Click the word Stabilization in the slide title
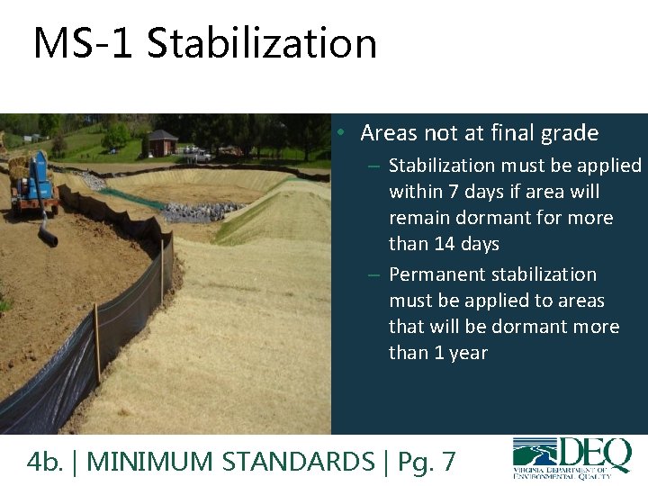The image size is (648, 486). point(262,43)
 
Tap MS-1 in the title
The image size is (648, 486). point(85,43)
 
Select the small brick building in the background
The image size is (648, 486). point(163,142)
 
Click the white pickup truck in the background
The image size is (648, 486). point(199,154)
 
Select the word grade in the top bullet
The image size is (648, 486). point(569,133)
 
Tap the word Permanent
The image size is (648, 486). point(432,274)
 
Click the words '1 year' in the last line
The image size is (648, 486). point(460,353)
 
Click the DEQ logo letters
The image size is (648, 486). point(593,453)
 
